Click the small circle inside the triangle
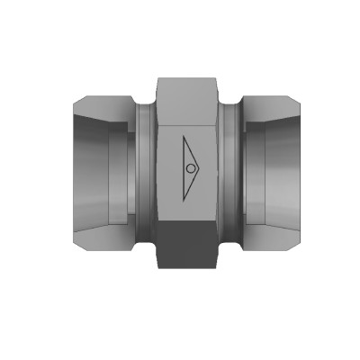point(190,169)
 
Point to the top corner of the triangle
point(181,138)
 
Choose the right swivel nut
point(274,171)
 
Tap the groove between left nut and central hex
point(145,171)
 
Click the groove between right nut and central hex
point(231,171)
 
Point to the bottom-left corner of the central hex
point(158,266)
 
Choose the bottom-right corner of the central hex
point(220,266)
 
